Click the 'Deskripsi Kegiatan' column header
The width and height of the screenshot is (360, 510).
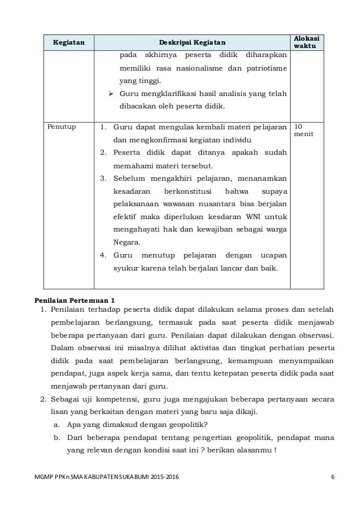(x=191, y=42)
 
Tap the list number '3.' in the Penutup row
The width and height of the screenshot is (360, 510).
(x=103, y=178)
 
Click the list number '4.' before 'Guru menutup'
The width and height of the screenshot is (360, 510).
(x=103, y=255)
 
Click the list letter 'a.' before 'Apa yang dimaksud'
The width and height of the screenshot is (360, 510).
(x=56, y=425)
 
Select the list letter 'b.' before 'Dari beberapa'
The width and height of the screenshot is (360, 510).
(x=56, y=438)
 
